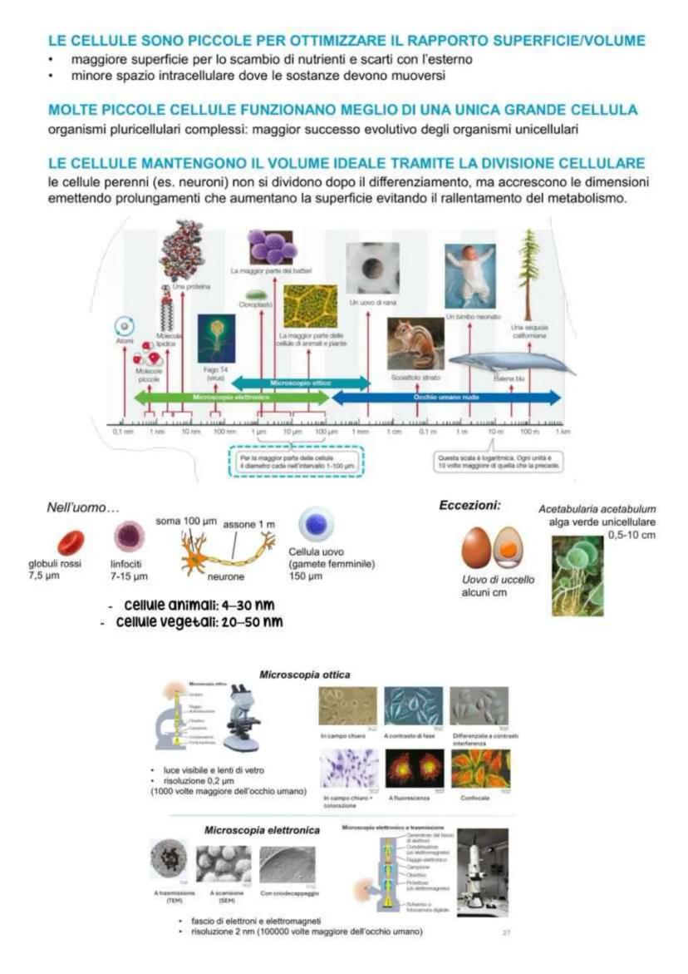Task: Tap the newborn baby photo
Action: pyautogui.click(x=469, y=276)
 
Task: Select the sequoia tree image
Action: pyautogui.click(x=528, y=274)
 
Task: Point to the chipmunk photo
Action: pyautogui.click(x=415, y=343)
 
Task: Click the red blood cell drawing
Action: pyautogui.click(x=71, y=541)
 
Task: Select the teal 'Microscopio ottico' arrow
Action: pyautogui.click(x=300, y=383)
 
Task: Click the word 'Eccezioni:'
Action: pyautogui.click(x=469, y=505)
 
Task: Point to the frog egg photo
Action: pyautogui.click(x=372, y=268)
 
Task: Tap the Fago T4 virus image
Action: pyautogui.click(x=215, y=339)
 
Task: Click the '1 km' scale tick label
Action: pyautogui.click(x=563, y=433)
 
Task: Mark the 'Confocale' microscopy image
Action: pyautogui.click(x=480, y=769)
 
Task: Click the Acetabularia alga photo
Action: pyautogui.click(x=577, y=575)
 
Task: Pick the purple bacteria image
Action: pyautogui.click(x=271, y=247)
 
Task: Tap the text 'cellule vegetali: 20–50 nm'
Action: pyautogui.click(x=199, y=622)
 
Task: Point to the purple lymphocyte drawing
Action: pyautogui.click(x=129, y=536)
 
